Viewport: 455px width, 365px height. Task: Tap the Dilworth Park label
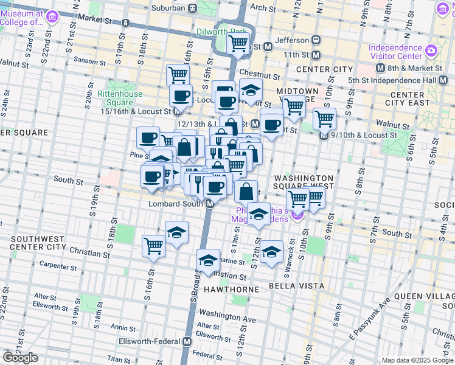point(222,31)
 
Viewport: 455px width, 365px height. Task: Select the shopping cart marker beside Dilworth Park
point(238,43)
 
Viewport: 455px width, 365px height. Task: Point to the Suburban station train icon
point(192,8)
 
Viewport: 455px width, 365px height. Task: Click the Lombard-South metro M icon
point(209,204)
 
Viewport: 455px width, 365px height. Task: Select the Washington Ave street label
point(228,318)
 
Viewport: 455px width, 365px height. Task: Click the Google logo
point(20,358)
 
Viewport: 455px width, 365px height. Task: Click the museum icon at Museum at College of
point(51,14)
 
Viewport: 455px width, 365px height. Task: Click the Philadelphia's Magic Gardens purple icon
point(298,215)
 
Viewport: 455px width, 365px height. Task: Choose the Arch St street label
point(263,8)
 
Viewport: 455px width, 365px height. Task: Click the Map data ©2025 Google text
point(417,360)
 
